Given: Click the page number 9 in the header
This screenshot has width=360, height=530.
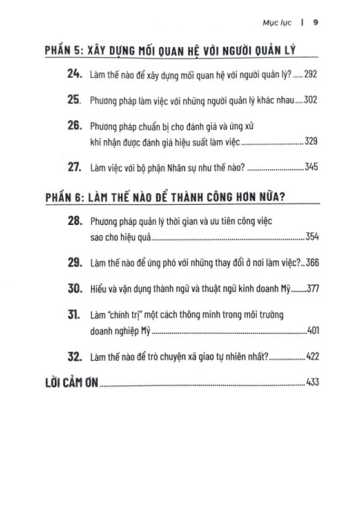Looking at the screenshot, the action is point(315,22).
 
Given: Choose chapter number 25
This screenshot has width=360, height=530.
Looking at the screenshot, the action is point(76,99).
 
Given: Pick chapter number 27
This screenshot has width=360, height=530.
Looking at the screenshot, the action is point(76,167).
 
